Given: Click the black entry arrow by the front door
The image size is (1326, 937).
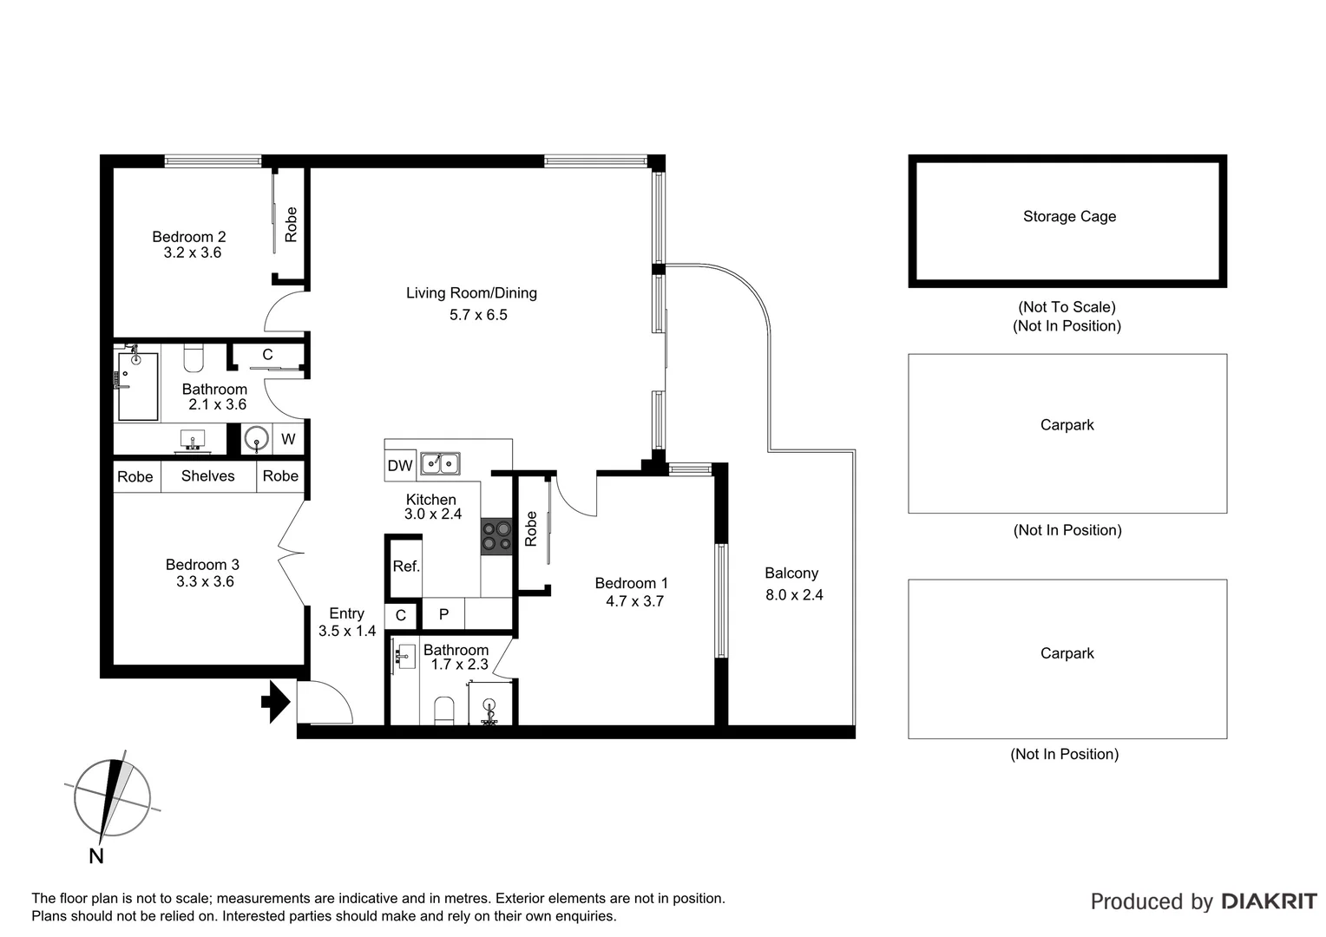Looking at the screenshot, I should click(276, 702).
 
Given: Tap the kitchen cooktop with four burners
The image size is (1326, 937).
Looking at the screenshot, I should click(496, 535).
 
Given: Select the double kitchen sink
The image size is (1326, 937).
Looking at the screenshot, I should click(440, 464).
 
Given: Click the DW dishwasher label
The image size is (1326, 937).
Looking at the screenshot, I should click(400, 466).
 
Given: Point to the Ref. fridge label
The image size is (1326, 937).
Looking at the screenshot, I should click(406, 567).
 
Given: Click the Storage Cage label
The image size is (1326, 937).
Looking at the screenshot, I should click(1069, 217).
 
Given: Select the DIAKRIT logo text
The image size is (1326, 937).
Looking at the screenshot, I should click(1269, 901).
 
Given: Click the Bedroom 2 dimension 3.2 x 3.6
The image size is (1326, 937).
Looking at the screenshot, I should click(193, 253).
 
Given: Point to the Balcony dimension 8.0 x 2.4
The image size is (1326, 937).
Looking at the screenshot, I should click(794, 595).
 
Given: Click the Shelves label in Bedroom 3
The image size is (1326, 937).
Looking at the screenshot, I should click(208, 476).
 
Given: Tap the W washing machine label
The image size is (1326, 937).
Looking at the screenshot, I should click(288, 440).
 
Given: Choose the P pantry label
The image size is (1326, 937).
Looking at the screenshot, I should click(443, 614).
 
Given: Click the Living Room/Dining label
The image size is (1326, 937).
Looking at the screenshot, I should click(471, 293).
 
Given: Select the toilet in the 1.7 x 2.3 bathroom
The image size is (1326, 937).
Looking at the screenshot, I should click(443, 710).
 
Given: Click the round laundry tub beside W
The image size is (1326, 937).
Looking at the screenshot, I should click(256, 440).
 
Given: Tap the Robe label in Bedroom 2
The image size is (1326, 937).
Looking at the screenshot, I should click(292, 224).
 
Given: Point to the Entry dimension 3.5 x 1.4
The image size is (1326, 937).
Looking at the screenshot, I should click(347, 632).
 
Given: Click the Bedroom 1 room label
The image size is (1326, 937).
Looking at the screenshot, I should click(631, 584).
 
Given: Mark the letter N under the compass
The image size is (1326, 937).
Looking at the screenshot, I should click(96, 856).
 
